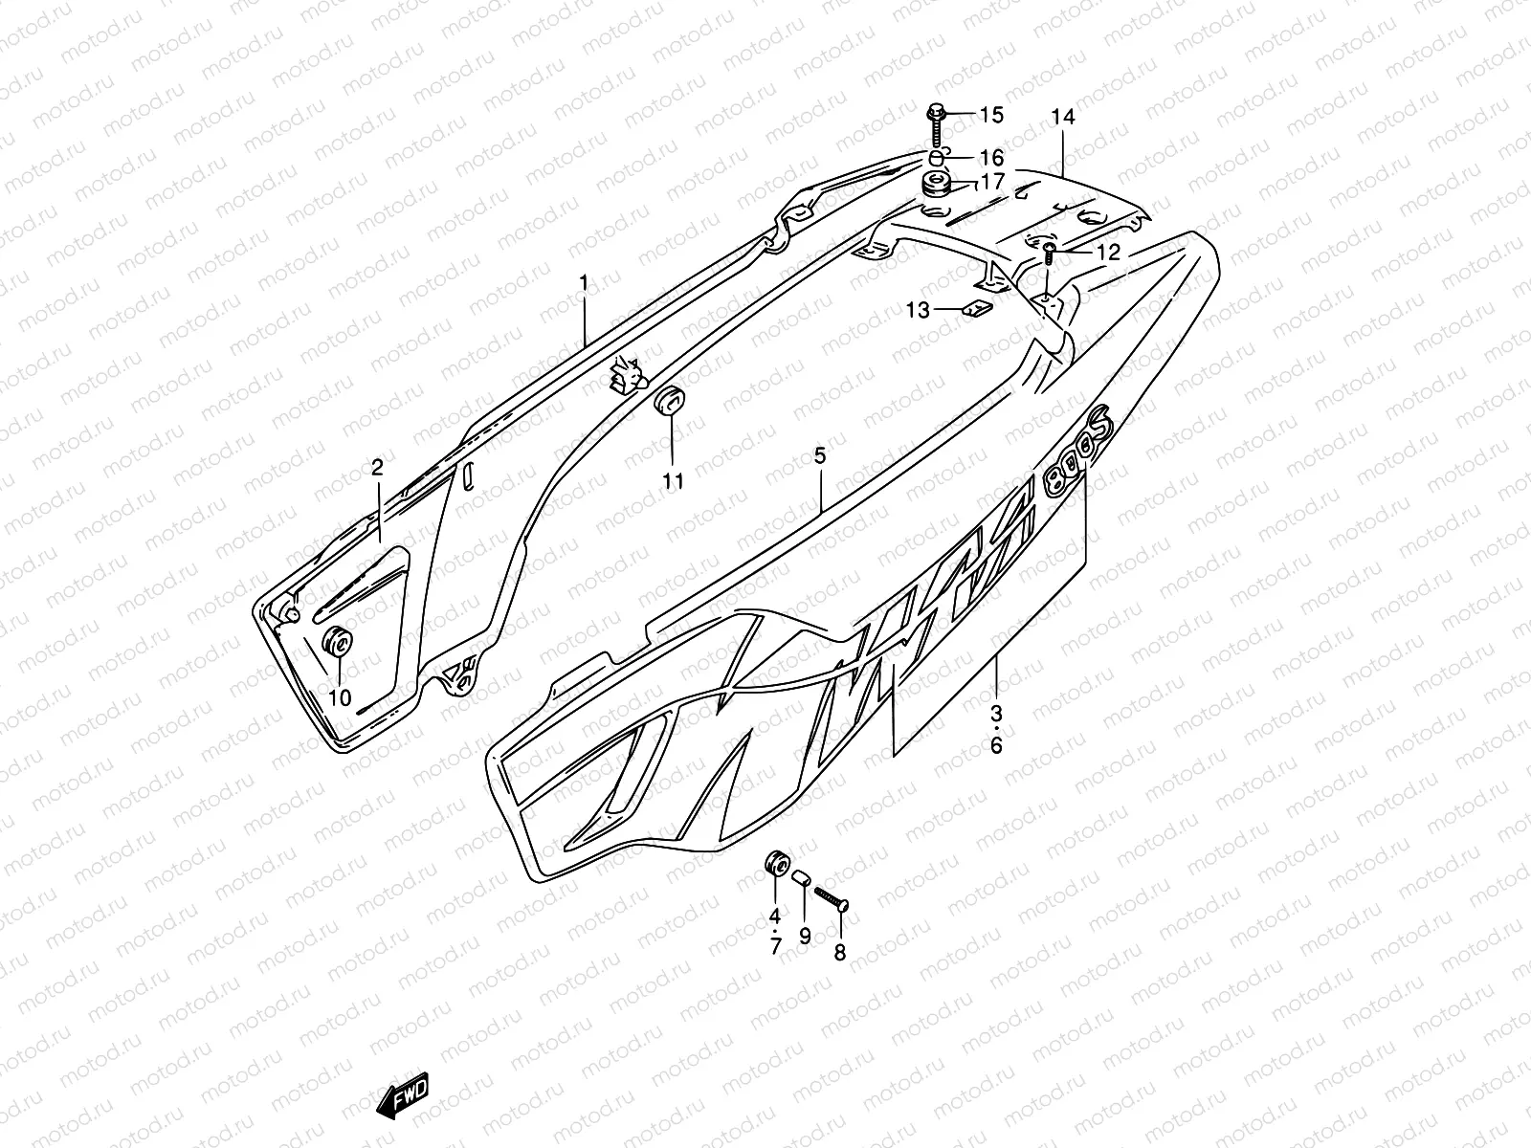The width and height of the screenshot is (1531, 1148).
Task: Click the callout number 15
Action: point(990,116)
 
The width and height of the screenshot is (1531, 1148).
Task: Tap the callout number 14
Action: point(1063,117)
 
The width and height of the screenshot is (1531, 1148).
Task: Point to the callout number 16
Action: point(990,157)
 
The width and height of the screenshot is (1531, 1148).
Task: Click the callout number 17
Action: point(990,181)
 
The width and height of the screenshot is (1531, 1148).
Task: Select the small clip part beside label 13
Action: point(973,309)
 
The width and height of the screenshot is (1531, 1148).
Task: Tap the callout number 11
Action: point(674,480)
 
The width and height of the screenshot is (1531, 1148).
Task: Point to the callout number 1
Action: point(582,282)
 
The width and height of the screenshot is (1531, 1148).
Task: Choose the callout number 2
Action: point(377,467)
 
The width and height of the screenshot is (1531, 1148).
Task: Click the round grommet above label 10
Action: point(337,642)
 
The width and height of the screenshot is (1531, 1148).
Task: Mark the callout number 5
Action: point(820,456)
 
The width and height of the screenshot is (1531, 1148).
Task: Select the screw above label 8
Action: point(831,898)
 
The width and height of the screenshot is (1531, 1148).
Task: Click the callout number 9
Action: point(805,936)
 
